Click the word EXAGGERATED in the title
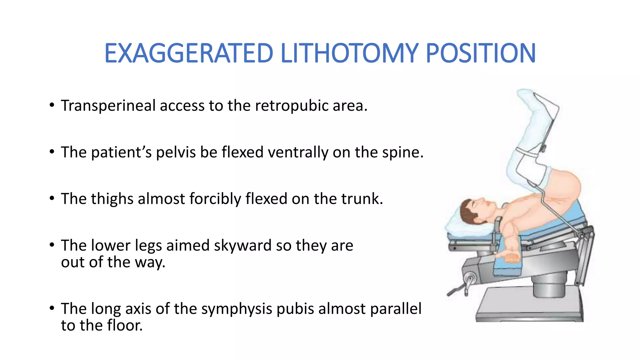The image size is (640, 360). [x=189, y=53]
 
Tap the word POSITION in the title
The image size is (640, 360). [x=480, y=53]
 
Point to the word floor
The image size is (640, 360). [x=124, y=325]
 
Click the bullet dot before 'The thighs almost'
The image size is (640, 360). [x=52, y=198]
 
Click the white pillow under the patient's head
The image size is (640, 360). [x=459, y=227]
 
